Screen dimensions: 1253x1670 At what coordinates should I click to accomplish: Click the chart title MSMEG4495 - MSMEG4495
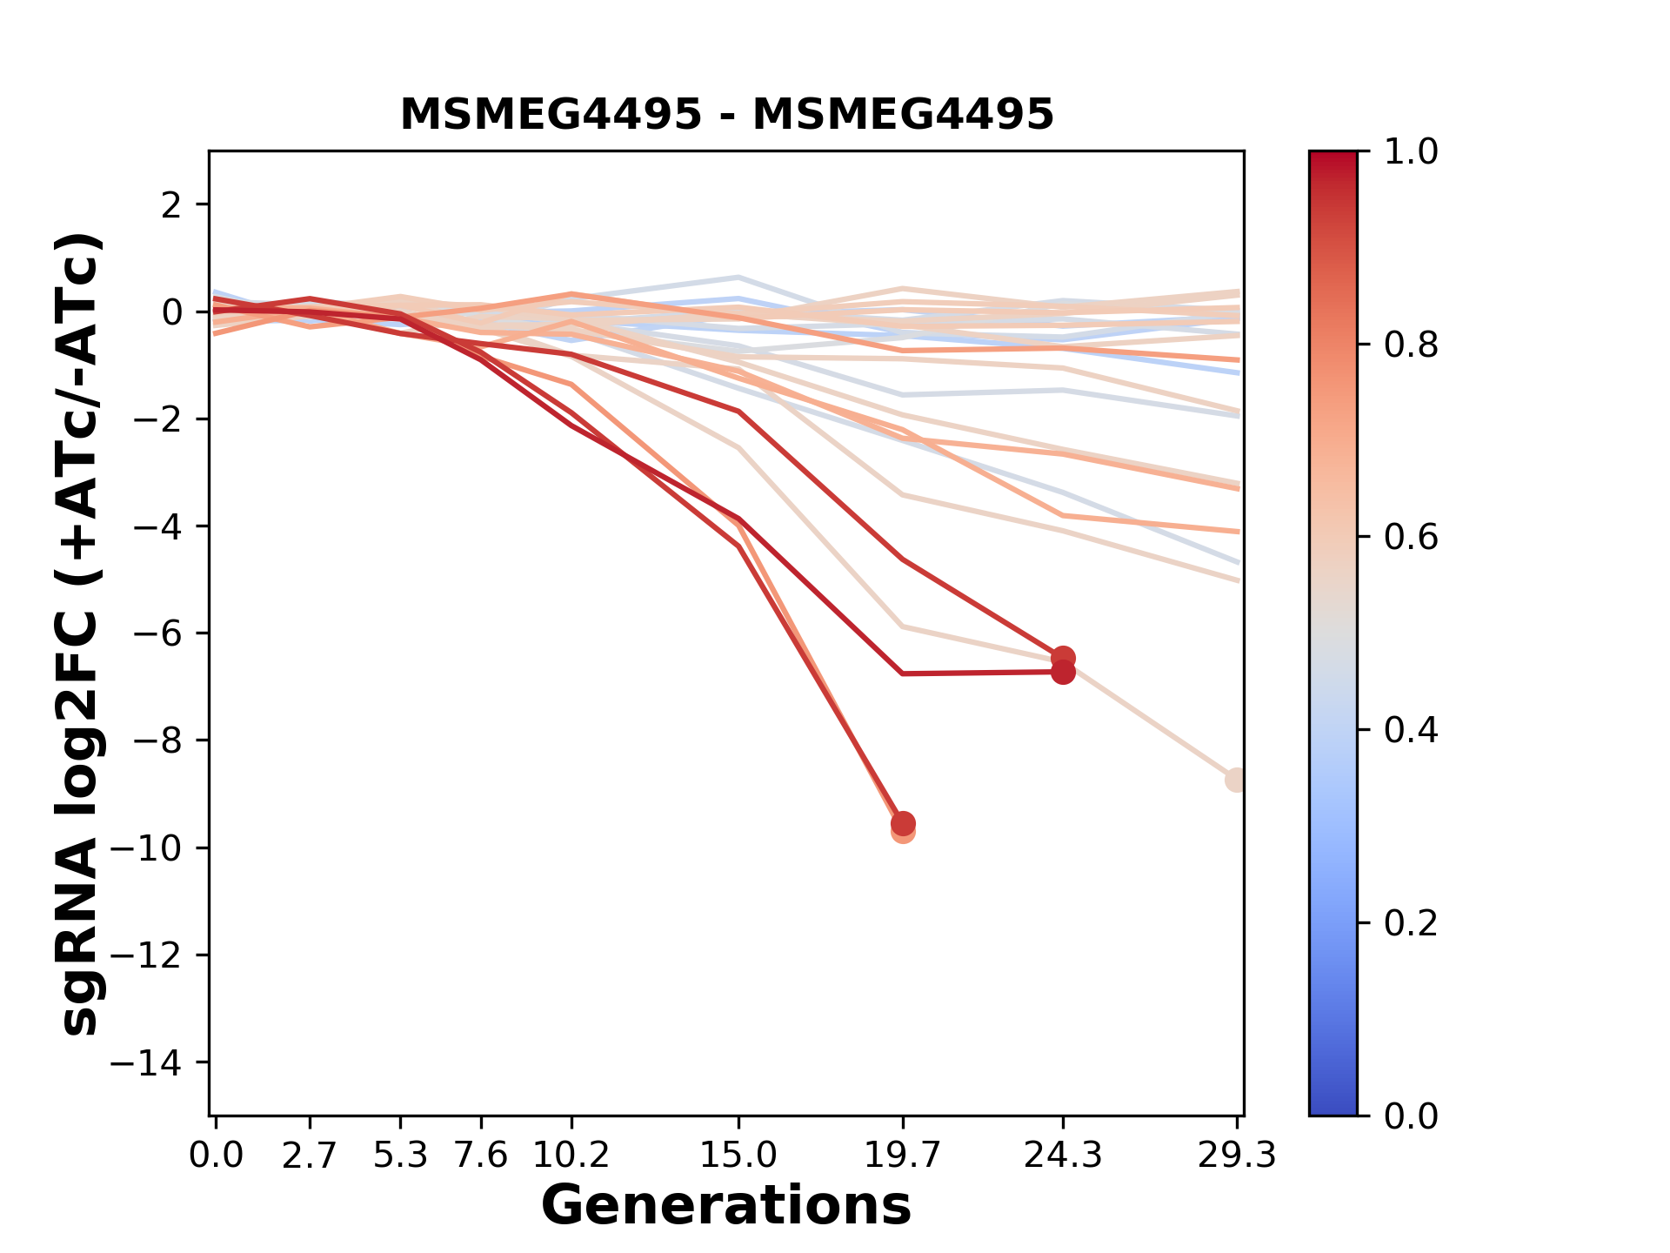(x=726, y=115)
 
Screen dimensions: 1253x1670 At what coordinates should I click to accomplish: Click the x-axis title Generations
(x=726, y=1206)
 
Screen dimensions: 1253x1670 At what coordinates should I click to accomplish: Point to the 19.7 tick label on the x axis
(x=903, y=1156)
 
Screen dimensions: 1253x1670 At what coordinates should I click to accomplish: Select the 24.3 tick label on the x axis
(x=1063, y=1156)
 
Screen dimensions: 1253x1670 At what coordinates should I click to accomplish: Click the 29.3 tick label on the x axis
(x=1236, y=1156)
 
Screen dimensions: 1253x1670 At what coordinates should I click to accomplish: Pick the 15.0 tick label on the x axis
(x=738, y=1156)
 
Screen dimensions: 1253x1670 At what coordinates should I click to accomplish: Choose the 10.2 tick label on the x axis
(x=571, y=1156)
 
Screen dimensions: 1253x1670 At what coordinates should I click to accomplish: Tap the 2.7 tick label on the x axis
(x=310, y=1156)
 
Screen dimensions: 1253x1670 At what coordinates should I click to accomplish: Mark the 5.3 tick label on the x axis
(x=400, y=1156)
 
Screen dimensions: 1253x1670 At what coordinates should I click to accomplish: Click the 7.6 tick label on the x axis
(x=480, y=1156)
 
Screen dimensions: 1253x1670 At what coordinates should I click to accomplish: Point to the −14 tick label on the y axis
(x=157, y=1062)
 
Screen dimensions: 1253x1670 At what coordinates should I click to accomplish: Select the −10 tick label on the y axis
(x=157, y=848)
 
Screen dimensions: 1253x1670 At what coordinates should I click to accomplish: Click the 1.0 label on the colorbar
(x=1411, y=152)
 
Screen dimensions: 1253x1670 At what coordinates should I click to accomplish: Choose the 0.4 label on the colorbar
(x=1411, y=730)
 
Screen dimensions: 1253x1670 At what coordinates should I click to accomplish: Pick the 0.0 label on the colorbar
(x=1411, y=1116)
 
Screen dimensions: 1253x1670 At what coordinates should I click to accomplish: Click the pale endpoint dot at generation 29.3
(x=1236, y=780)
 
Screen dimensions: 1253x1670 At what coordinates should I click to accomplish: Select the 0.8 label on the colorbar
(x=1411, y=345)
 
